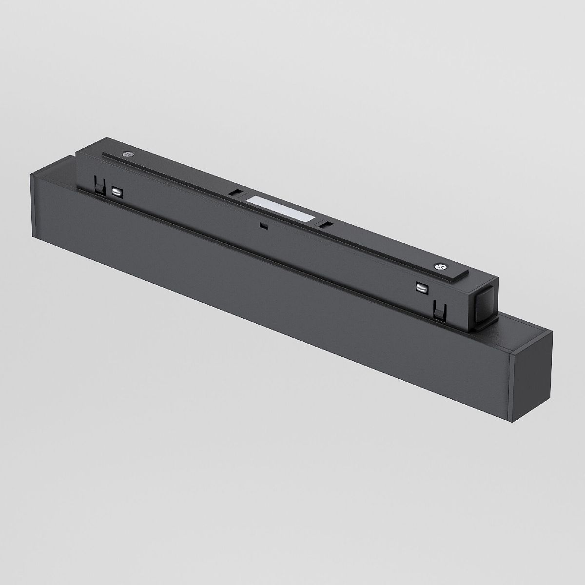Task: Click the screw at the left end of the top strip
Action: click(x=129, y=155)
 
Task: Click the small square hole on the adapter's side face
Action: click(x=264, y=226)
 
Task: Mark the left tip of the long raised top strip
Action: click(x=104, y=155)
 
